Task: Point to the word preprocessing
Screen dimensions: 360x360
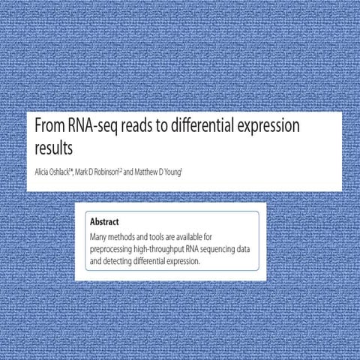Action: click(x=115, y=250)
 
